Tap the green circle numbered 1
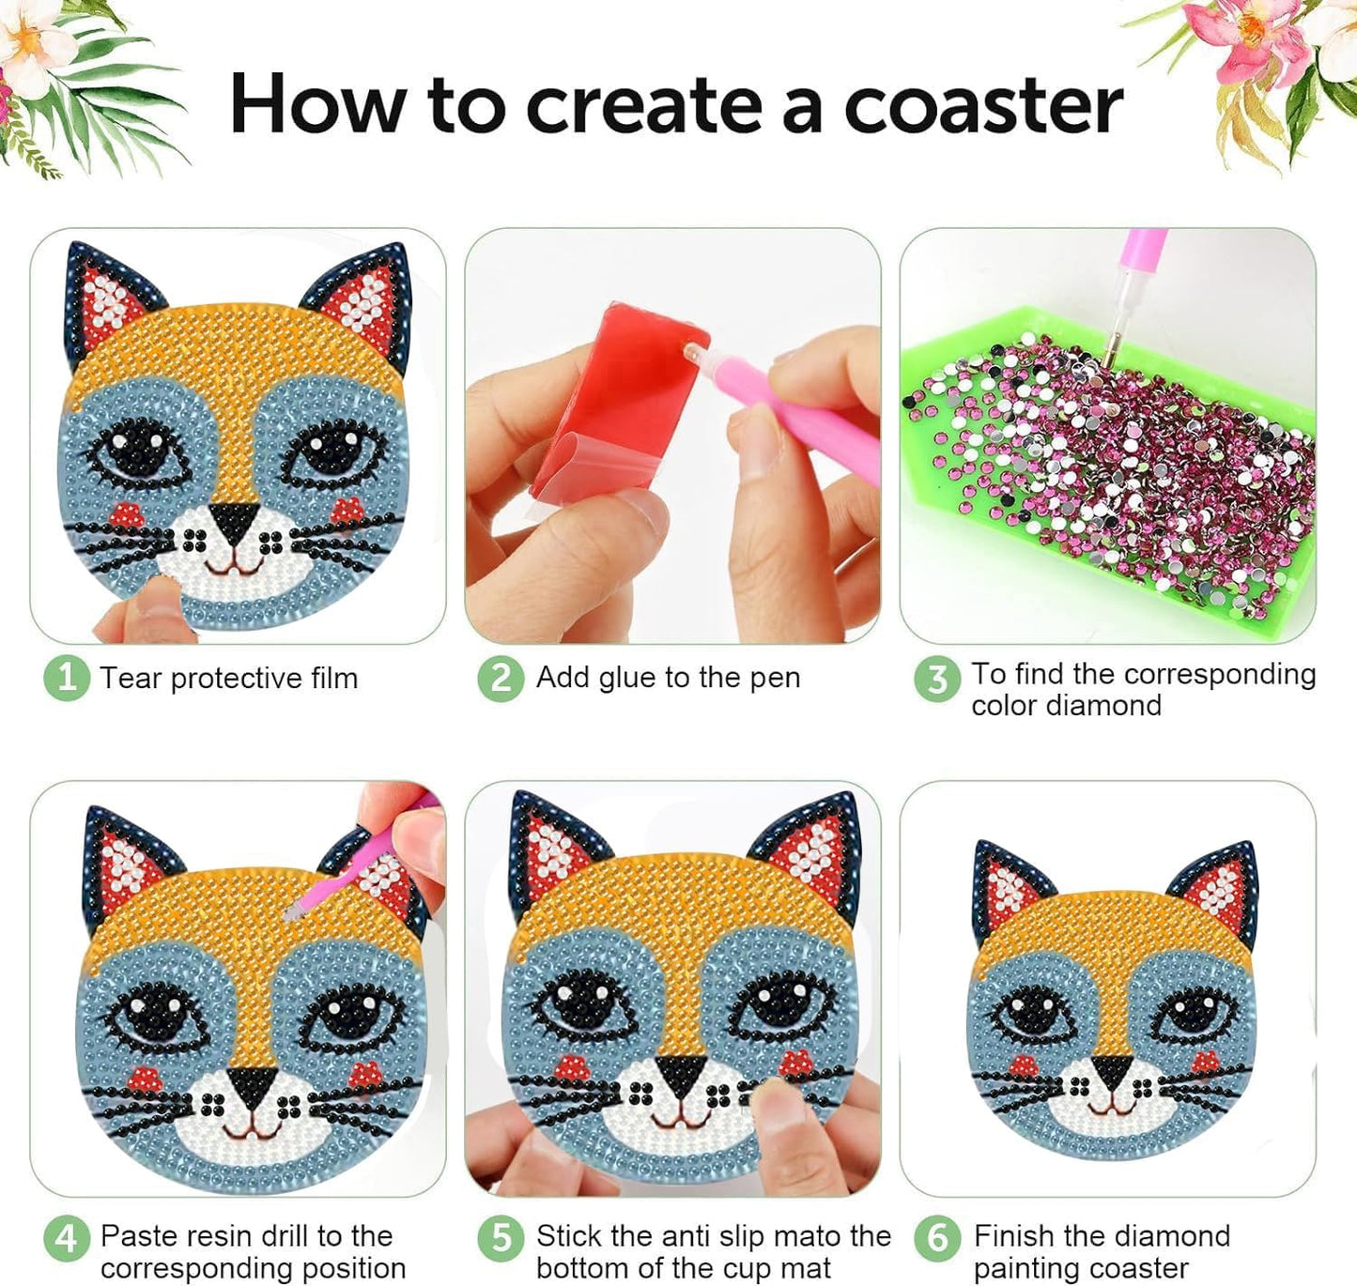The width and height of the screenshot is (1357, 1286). [66, 677]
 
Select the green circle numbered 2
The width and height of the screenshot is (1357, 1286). [501, 677]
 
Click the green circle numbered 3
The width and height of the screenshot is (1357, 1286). [936, 679]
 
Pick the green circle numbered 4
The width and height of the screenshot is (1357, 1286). [66, 1239]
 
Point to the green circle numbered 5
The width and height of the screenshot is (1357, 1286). [501, 1239]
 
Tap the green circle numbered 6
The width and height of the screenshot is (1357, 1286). [936, 1239]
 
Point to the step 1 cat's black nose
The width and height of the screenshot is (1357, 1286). [235, 522]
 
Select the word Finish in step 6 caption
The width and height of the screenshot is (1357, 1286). [1014, 1235]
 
